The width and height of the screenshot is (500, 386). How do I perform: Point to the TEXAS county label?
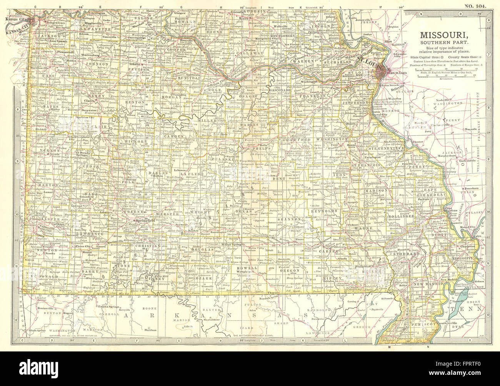point(245,211)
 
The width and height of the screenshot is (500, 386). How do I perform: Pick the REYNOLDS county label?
point(327,211)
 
